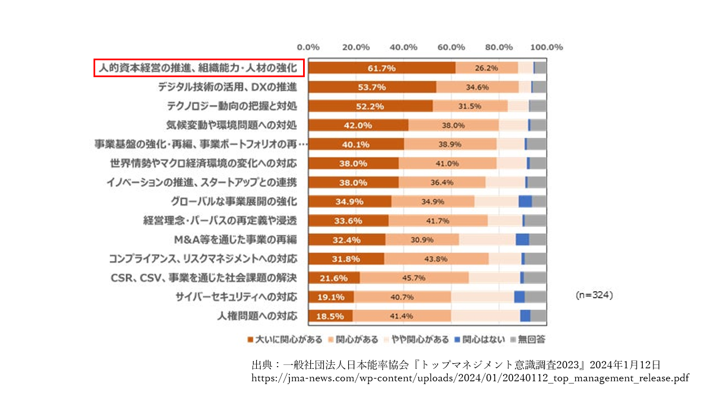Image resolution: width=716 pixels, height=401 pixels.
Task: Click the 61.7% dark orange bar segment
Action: pos(382,68)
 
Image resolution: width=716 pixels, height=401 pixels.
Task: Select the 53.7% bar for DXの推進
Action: pos(372,87)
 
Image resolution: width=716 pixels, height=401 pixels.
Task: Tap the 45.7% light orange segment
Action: pos(414,278)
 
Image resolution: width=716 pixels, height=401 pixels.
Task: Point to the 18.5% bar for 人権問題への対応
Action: pos(331,316)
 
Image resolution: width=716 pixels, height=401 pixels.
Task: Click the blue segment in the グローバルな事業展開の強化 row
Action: pos(525,202)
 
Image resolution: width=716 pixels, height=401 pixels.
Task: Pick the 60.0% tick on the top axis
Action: pos(451,47)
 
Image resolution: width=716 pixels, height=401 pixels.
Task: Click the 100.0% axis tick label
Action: pos(546,47)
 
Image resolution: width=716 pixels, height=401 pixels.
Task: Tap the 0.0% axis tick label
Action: pos(308,47)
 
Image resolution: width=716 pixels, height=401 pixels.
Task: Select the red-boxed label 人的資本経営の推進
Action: pos(198,68)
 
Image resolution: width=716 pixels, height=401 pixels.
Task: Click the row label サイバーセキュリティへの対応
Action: pos(236,297)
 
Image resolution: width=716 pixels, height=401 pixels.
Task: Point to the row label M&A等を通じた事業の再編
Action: pos(235,239)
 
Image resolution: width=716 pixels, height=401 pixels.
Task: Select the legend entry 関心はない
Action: pos(479,340)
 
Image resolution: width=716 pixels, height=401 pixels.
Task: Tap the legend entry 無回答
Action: pos(528,340)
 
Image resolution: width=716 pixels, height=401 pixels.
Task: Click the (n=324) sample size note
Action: pos(594,295)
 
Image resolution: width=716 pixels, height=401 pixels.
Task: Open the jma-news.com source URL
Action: pos(470,378)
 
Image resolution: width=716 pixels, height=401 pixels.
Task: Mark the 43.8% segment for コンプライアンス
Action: pos(436,259)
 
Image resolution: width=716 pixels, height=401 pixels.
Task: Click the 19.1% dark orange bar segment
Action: pos(331,297)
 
